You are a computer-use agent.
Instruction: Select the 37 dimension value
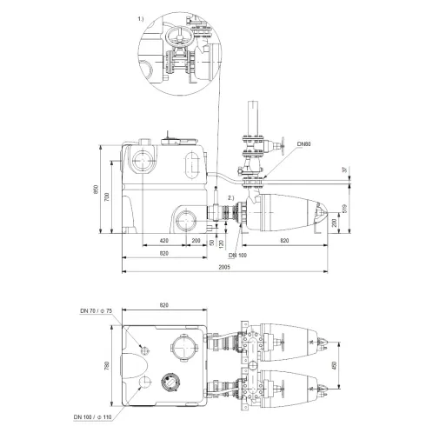344,169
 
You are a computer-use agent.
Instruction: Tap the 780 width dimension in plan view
108,366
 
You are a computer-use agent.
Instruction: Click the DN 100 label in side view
237,255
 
